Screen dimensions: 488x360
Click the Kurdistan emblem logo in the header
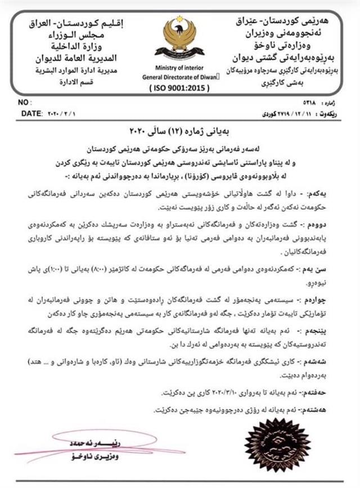pyautogui.click(x=179, y=38)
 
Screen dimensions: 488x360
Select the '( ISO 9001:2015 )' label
pyautogui.click(x=179, y=88)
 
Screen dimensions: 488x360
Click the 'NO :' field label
pyautogui.click(x=23, y=103)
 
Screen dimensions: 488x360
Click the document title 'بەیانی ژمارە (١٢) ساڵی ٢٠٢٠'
pyautogui.click(x=179, y=135)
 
